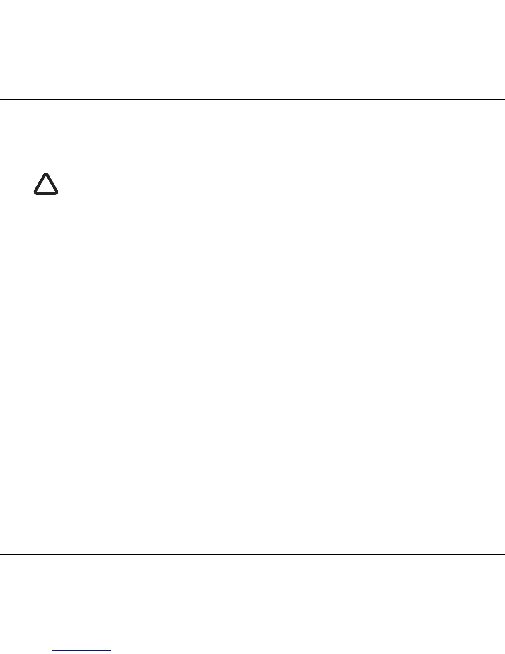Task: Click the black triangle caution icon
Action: coord(46,184)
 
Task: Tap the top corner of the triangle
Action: coord(46,175)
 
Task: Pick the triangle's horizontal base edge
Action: coord(46,193)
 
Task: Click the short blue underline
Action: coord(82,651)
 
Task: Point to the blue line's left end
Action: coord(53,651)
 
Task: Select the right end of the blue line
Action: coord(111,651)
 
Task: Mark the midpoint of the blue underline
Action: coord(82,651)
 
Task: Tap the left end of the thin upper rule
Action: coord(1,99)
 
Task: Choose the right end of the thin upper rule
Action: coord(504,99)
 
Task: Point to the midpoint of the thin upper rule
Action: coord(252,99)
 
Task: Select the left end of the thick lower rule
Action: coord(1,554)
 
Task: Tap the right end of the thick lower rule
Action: coord(504,554)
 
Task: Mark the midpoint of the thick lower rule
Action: coord(252,554)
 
